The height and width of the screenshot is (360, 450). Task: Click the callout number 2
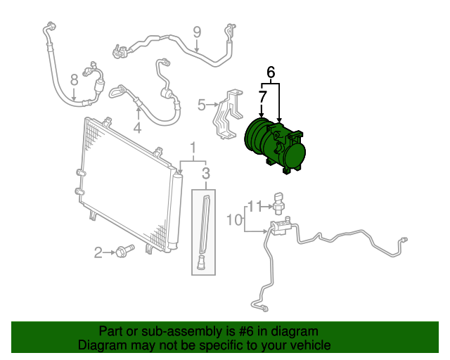[x=99, y=251]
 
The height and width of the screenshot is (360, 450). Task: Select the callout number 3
[x=206, y=174]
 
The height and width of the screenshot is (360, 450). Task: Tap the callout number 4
[x=137, y=128]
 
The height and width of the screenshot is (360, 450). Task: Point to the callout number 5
[x=201, y=105]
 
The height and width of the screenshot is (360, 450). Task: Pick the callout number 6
[x=271, y=71]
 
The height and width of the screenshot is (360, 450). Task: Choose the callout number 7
[x=262, y=95]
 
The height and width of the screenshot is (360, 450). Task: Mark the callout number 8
[x=74, y=79]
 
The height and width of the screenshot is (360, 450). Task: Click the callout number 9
[x=197, y=31]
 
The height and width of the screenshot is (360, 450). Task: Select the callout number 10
[x=233, y=220]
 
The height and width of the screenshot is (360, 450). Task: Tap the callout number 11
[x=257, y=205]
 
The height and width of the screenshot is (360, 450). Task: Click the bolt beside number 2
[x=127, y=250]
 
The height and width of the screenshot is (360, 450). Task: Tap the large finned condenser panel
[x=127, y=183]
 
